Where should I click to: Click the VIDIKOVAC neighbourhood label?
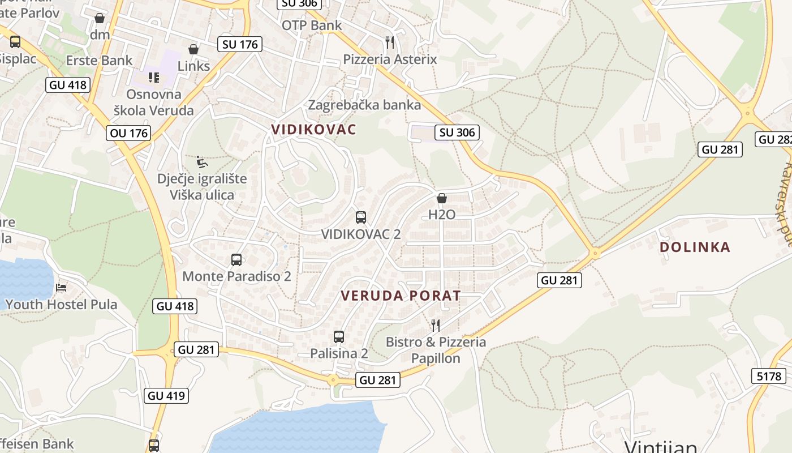point(314,130)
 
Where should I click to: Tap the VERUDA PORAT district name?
point(401,296)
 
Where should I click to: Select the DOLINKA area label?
point(695,247)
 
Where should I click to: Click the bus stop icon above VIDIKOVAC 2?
point(360,217)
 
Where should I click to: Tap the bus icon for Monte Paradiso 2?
point(236,260)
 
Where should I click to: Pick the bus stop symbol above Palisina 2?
point(339,337)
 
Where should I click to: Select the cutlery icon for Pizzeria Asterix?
point(390,42)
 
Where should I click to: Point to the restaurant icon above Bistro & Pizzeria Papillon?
point(436,326)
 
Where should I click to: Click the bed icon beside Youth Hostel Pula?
point(61,288)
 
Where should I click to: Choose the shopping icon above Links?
point(193,50)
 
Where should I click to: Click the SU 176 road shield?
point(240,44)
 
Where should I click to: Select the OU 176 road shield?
point(128,134)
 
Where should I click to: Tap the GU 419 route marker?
point(167,395)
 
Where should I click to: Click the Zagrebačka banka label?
point(364,105)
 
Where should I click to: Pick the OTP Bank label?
point(312,25)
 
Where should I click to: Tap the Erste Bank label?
point(100,61)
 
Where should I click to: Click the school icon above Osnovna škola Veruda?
point(153,78)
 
